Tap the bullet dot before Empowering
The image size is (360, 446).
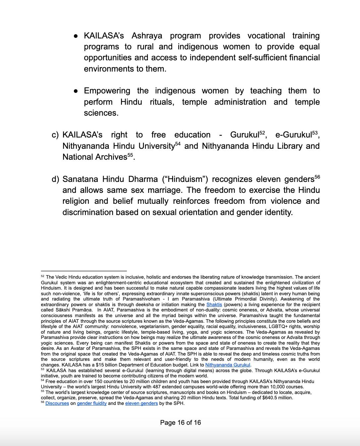(x=76, y=91)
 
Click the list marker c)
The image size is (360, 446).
(x=55, y=135)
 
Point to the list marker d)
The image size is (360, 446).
(x=55, y=179)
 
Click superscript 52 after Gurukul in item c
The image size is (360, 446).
(x=263, y=133)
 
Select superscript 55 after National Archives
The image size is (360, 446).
(x=130, y=155)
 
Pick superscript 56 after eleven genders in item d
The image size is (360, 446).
(x=317, y=177)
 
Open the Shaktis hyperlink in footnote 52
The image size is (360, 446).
(x=214, y=305)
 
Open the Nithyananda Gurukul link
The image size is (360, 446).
(x=228, y=365)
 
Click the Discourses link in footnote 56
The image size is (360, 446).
(x=57, y=403)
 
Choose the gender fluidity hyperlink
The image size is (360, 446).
(x=92, y=403)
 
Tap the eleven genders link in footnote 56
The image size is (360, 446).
(x=142, y=403)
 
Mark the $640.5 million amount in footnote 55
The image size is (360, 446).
(x=276, y=398)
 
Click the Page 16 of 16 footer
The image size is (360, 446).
(x=180, y=422)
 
